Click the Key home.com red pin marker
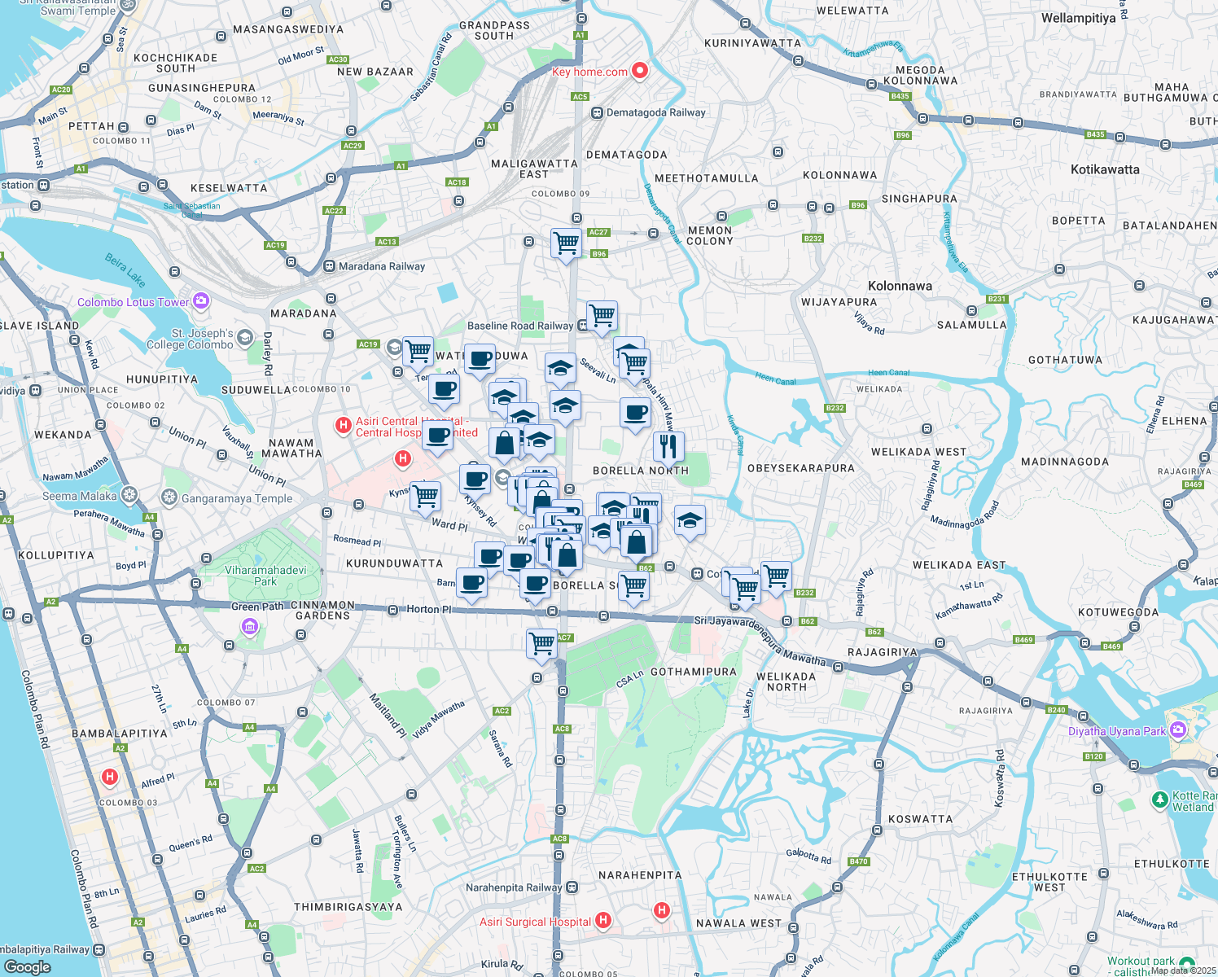click(640, 71)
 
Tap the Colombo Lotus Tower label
click(133, 302)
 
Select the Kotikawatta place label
click(1104, 169)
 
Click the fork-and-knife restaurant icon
click(668, 446)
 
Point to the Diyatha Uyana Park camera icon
click(1177, 730)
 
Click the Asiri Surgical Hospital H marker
click(603, 921)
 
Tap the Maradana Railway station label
click(381, 266)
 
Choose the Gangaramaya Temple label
click(236, 498)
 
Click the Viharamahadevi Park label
click(265, 576)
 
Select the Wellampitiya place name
click(1078, 18)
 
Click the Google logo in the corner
click(27, 967)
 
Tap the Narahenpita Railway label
click(513, 887)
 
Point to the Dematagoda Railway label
click(655, 112)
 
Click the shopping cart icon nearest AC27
click(566, 243)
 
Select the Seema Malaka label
click(79, 496)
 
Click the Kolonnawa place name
click(900, 286)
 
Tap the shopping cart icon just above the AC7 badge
click(541, 643)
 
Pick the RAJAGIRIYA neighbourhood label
click(883, 652)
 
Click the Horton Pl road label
click(428, 609)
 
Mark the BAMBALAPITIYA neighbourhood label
click(120, 734)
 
